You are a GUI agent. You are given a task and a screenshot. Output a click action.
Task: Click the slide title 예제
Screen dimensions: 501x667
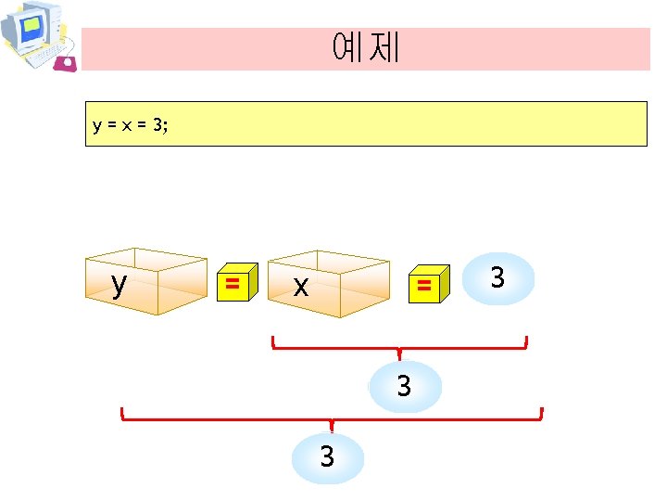point(365,47)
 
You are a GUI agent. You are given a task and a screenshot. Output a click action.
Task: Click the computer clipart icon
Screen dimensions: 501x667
point(37,35)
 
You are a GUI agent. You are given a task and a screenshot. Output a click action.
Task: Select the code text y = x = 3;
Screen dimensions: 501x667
point(131,125)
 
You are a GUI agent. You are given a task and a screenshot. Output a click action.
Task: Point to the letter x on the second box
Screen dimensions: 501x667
point(299,287)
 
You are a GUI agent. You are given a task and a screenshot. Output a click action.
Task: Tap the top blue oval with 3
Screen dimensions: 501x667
point(498,277)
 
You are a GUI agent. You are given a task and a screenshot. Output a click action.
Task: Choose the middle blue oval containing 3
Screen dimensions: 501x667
point(404,386)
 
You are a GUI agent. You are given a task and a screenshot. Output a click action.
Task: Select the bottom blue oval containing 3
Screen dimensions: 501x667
point(327,457)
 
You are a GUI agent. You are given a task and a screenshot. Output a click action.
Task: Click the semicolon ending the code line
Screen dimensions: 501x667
point(167,126)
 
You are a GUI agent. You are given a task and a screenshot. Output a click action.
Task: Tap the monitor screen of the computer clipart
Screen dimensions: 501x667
point(31,29)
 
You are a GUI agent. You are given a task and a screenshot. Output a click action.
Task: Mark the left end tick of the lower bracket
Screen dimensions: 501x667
point(122,414)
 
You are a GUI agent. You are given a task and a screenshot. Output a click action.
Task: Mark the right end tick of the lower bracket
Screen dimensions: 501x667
point(542,414)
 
